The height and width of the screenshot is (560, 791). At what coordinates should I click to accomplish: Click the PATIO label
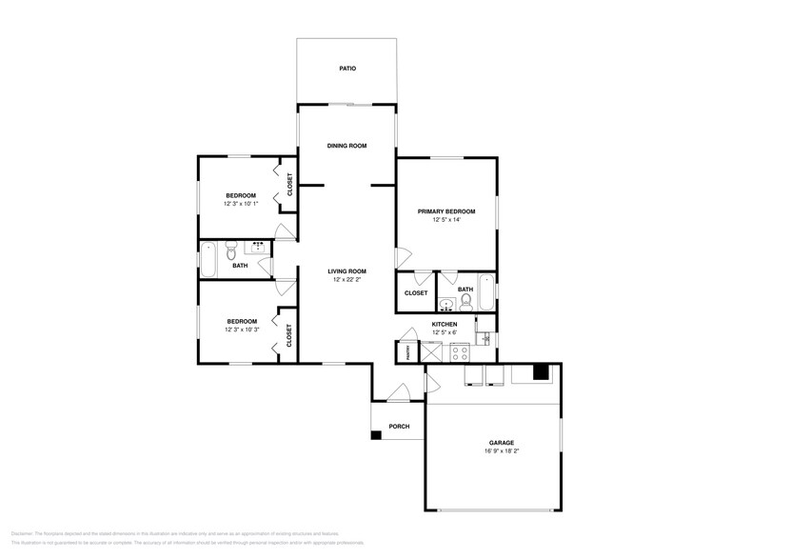point(347,69)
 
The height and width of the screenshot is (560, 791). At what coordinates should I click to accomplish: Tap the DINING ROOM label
point(347,146)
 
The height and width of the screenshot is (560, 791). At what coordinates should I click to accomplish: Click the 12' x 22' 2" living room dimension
point(349,280)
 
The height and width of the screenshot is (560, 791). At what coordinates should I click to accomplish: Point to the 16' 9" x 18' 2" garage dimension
point(502,451)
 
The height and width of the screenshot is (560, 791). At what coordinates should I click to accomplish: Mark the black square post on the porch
point(376,435)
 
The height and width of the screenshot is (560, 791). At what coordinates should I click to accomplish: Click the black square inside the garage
point(541,372)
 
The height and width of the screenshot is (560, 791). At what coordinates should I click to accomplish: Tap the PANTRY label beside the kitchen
point(402,353)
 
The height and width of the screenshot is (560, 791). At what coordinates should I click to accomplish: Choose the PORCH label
point(399,426)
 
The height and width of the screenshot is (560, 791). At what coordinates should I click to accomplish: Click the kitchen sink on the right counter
point(484,338)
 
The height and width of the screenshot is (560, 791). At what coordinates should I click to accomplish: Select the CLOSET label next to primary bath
point(416,293)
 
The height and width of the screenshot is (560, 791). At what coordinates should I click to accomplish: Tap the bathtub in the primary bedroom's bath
point(486,292)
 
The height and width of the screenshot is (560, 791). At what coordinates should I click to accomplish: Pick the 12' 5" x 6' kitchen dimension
point(445,332)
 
